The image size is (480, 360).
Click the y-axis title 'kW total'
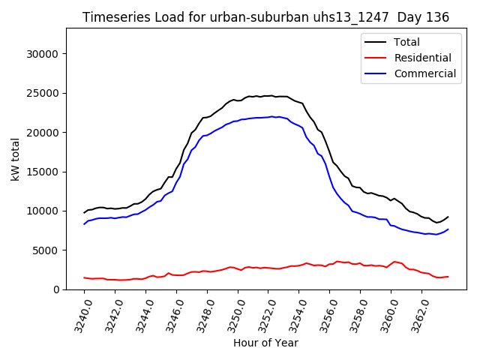(x=15, y=158)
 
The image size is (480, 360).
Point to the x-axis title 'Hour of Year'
(x=265, y=343)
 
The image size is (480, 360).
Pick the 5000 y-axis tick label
(x=47, y=250)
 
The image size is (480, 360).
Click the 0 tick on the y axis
(x=56, y=289)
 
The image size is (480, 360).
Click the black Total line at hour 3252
(x=268, y=96)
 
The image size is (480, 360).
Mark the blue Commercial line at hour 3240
(x=85, y=223)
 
